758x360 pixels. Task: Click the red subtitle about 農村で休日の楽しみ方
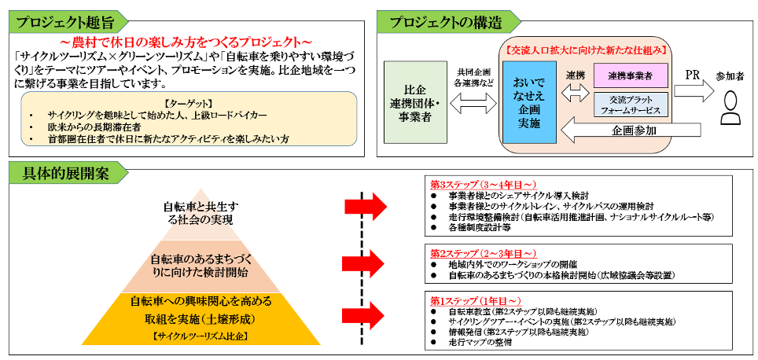click(x=186, y=41)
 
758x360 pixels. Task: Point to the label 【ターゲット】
click(x=187, y=102)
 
